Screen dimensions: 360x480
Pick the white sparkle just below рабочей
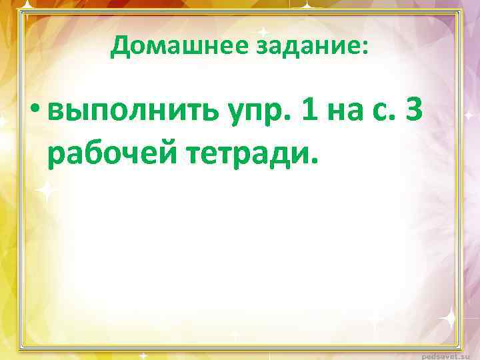coord(47,191)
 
